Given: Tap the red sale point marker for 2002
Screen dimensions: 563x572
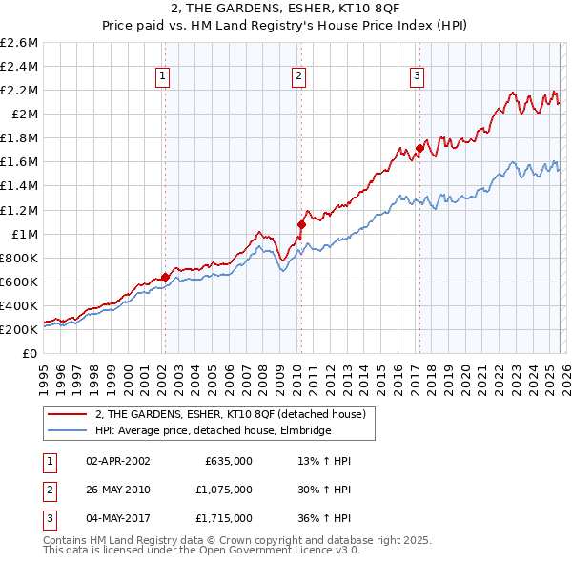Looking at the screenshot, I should tap(165, 277).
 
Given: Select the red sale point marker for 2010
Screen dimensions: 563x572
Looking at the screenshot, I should tap(301, 224).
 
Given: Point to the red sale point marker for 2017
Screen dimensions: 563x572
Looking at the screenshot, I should tap(419, 148).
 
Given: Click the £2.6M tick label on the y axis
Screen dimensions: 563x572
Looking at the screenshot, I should tap(19, 43).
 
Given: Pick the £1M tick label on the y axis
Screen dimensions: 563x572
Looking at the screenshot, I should tap(24, 234).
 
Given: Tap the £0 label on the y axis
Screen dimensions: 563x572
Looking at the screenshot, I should tap(31, 353).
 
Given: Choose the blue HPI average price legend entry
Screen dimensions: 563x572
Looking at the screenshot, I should tap(213, 430).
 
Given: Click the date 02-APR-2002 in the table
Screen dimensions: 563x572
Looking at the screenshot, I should tap(117, 460).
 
